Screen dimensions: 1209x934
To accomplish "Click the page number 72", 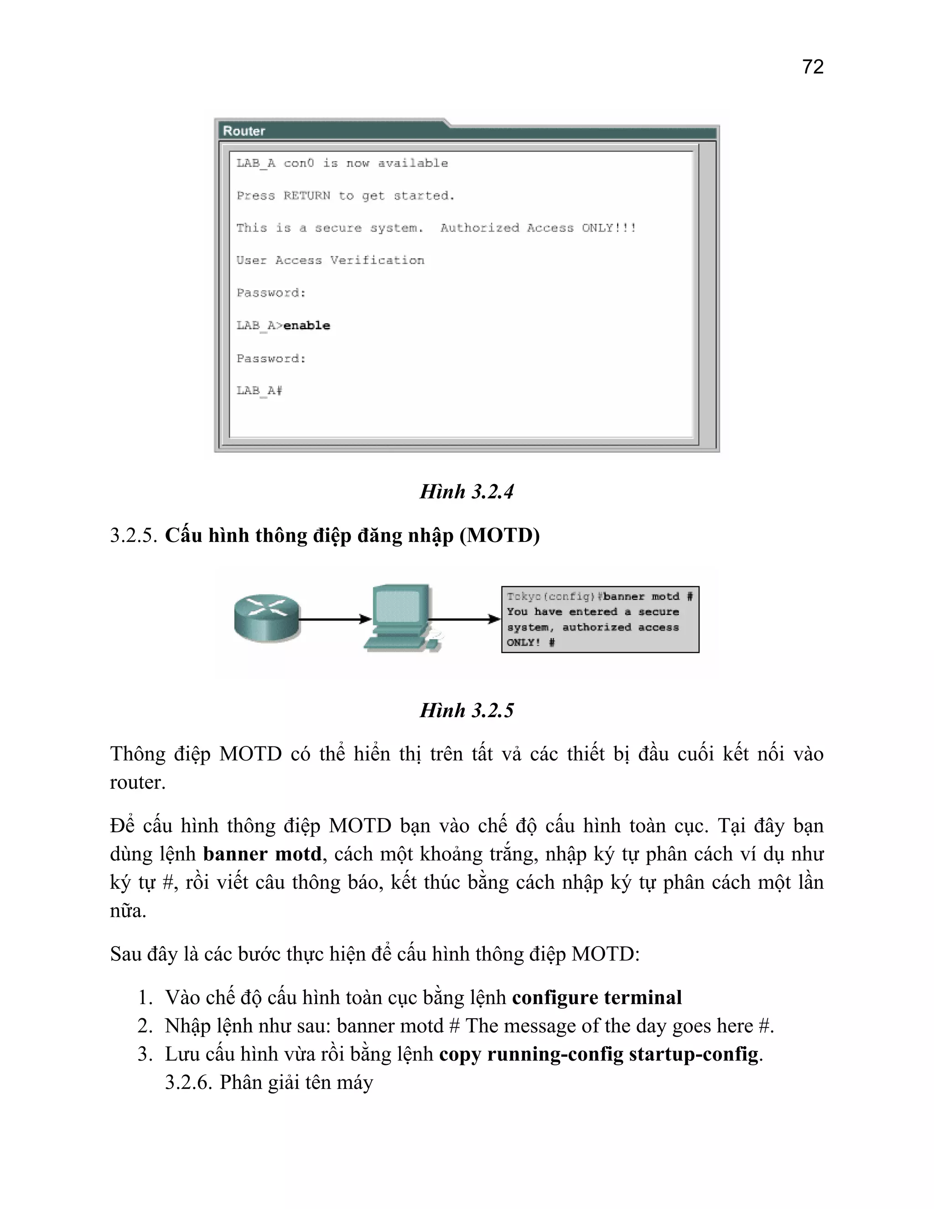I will (812, 67).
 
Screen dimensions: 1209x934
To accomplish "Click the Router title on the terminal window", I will (244, 131).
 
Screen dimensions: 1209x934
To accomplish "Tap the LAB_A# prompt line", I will (259, 391).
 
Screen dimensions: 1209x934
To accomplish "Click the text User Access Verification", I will (330, 260).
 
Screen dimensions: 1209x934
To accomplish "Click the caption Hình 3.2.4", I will (467, 491).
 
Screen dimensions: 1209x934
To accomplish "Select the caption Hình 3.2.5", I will (467, 710).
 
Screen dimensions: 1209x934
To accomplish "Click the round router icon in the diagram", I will (266, 619).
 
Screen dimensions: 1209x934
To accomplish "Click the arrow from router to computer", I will (335, 619).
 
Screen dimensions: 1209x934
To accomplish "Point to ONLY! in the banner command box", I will (524, 643).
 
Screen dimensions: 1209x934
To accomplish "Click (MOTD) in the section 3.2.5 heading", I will (500, 535).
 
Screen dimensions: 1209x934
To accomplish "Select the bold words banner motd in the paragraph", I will (262, 854).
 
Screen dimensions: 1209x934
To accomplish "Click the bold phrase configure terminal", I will (597, 997).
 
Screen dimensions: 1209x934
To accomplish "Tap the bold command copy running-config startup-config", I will (599, 1054).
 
